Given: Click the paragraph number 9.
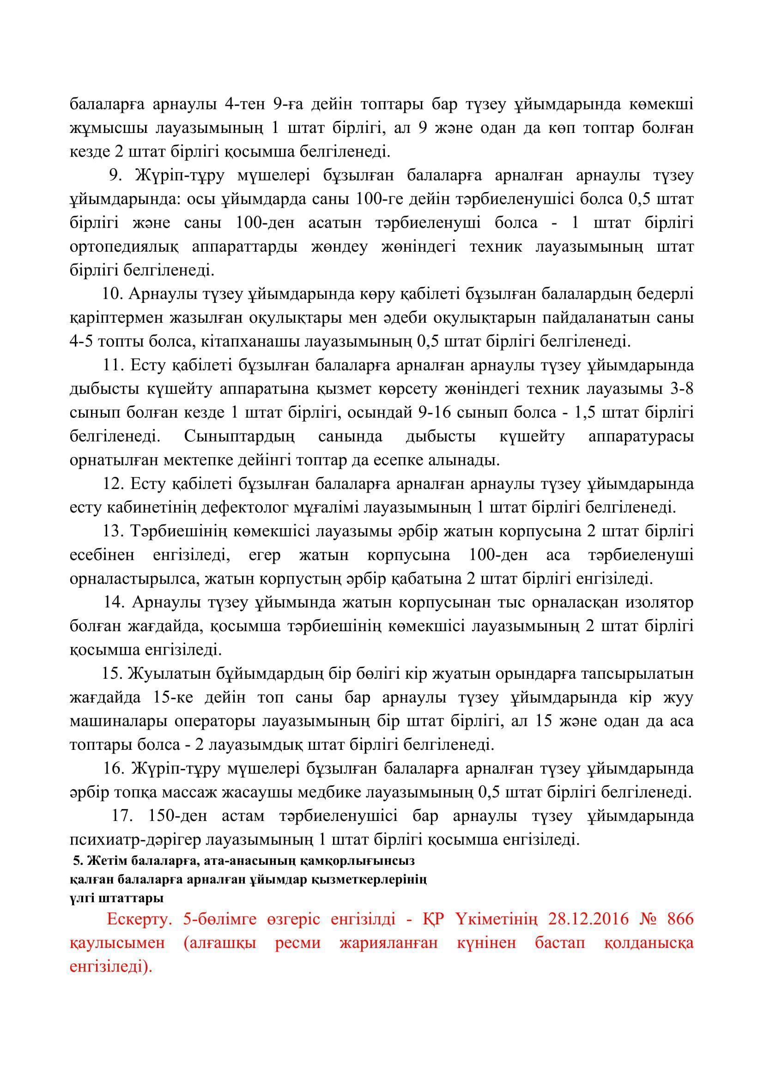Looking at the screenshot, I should click(116, 175).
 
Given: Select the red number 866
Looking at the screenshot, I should click(681, 919).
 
